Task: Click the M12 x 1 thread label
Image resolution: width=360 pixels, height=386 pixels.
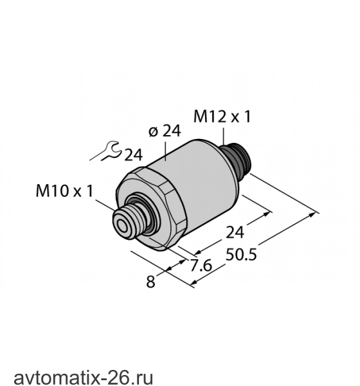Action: click(x=222, y=116)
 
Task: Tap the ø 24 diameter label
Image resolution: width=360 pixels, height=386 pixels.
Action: click(x=165, y=131)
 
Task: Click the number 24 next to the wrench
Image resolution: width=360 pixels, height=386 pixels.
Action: click(x=133, y=155)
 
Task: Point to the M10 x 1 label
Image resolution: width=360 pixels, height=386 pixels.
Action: click(x=64, y=191)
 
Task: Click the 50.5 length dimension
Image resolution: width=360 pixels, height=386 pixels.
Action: click(x=241, y=254)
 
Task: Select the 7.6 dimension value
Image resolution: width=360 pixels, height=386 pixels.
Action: click(x=201, y=265)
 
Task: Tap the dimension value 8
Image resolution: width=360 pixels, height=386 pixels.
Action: click(x=150, y=282)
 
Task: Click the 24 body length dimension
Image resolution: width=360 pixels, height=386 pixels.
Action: click(x=235, y=232)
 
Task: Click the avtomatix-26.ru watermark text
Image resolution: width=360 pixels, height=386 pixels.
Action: click(x=84, y=378)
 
